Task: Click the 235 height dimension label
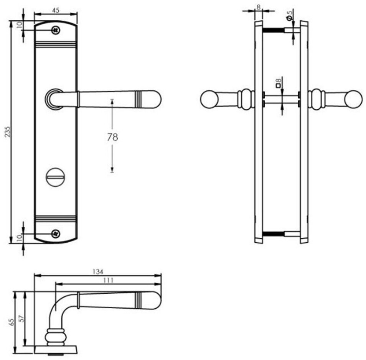coord(8,132)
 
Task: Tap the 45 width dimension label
coord(56,10)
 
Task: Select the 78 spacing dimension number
coord(112,137)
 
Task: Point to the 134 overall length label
coord(98,271)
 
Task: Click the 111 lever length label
coord(109,280)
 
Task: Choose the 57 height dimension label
coord(21,319)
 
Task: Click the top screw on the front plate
coord(56,30)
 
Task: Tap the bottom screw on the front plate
coord(56,233)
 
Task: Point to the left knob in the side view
coord(209,99)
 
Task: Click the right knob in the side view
coord(353,99)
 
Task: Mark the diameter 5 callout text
coord(290,15)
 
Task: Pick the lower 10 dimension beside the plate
coord(18,238)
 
